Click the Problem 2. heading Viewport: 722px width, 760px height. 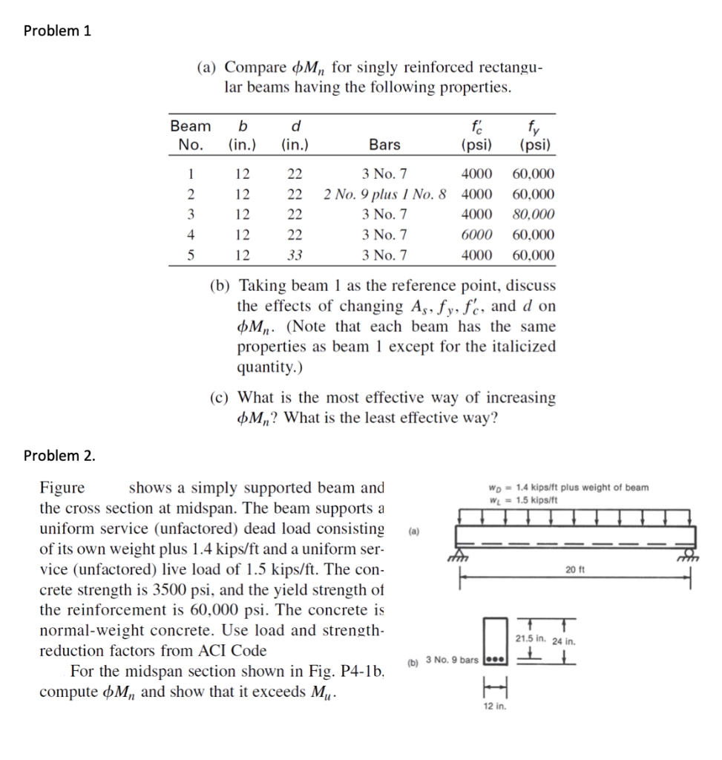tap(59, 455)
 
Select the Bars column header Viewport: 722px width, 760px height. tap(384, 145)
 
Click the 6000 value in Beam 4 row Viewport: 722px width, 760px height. tap(476, 235)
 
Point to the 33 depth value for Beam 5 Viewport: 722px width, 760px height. tap(295, 255)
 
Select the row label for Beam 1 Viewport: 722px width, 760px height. tap(190, 175)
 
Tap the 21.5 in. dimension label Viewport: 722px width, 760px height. tap(531, 638)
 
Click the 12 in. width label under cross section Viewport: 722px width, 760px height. tap(493, 707)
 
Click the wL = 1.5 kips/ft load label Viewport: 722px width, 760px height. tap(522, 499)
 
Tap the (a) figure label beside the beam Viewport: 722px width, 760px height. tap(413, 532)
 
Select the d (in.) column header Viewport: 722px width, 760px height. tap(295, 135)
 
